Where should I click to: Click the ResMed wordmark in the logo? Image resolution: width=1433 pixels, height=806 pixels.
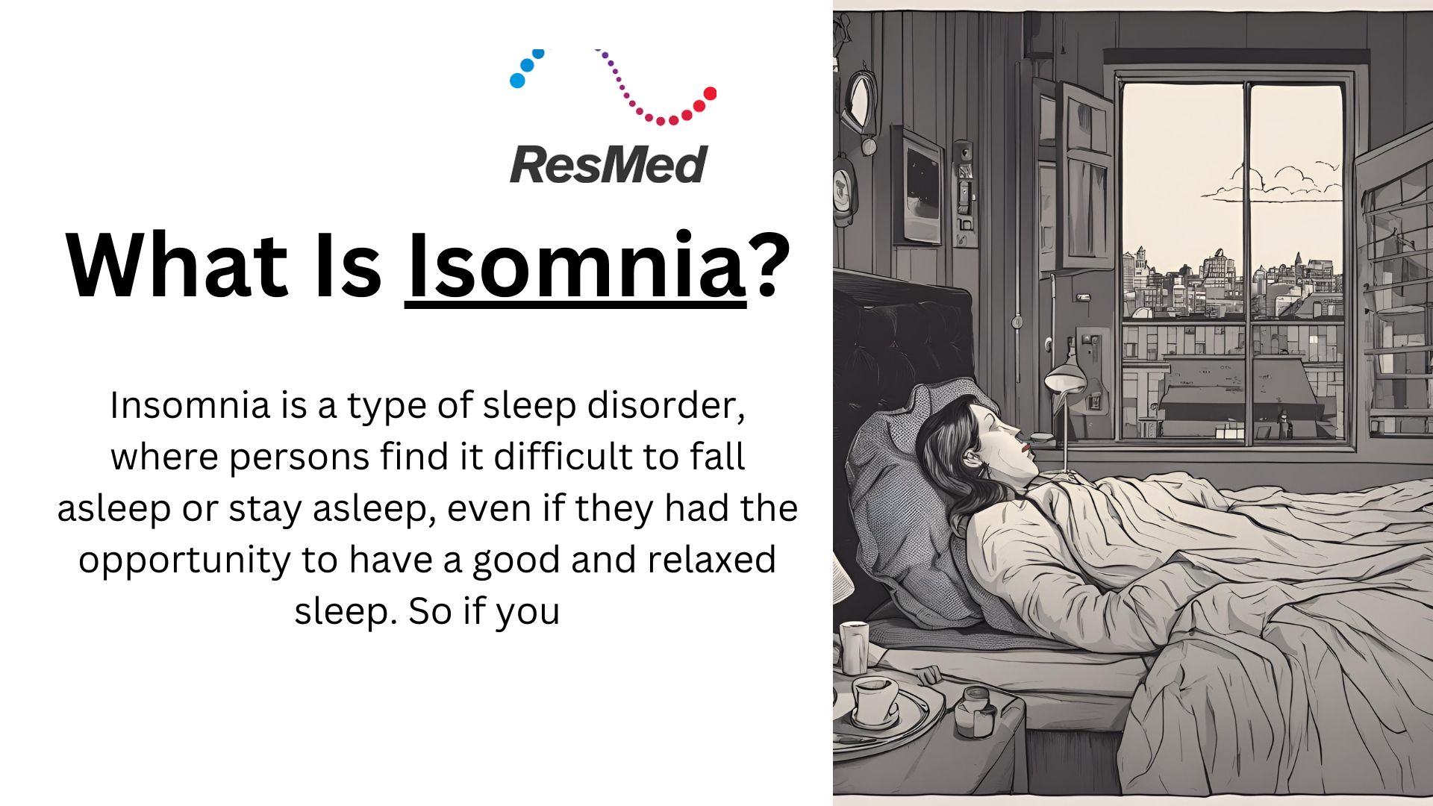[x=608, y=164]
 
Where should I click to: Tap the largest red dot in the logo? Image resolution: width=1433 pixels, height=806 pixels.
[x=710, y=93]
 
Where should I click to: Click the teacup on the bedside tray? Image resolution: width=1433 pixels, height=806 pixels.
[x=875, y=700]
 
